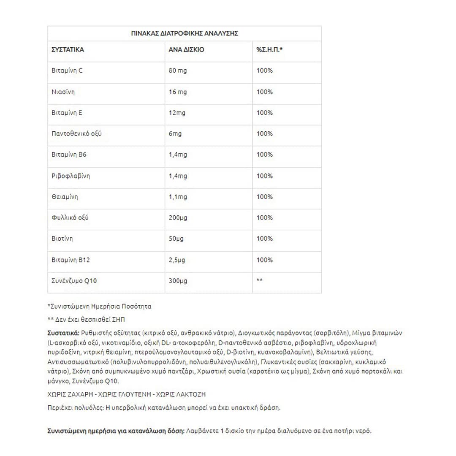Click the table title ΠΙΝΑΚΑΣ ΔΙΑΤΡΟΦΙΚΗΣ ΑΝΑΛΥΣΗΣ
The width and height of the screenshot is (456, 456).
coord(185,33)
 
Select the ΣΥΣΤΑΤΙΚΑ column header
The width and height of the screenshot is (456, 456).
coord(68,49)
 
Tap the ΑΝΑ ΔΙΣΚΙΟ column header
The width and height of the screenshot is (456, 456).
coord(186,49)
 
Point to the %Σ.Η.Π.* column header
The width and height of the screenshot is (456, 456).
coord(269,49)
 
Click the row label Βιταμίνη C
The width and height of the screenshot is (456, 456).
coord(67,71)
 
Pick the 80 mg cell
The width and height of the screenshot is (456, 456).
coord(177,71)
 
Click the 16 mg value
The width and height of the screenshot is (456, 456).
coord(177,92)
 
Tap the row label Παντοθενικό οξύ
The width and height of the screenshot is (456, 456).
coord(76,133)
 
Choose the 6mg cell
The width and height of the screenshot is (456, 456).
coord(175,133)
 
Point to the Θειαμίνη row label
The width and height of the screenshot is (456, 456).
coord(65,197)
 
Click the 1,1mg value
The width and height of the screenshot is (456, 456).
coord(178,197)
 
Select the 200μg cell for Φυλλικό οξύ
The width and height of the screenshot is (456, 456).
coord(178,218)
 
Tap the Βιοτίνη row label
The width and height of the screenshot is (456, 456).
coord(62,239)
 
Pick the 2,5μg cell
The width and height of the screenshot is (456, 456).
coord(177,260)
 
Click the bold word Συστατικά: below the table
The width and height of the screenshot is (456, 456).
coord(63,332)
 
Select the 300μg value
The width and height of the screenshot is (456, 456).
coord(178,281)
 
